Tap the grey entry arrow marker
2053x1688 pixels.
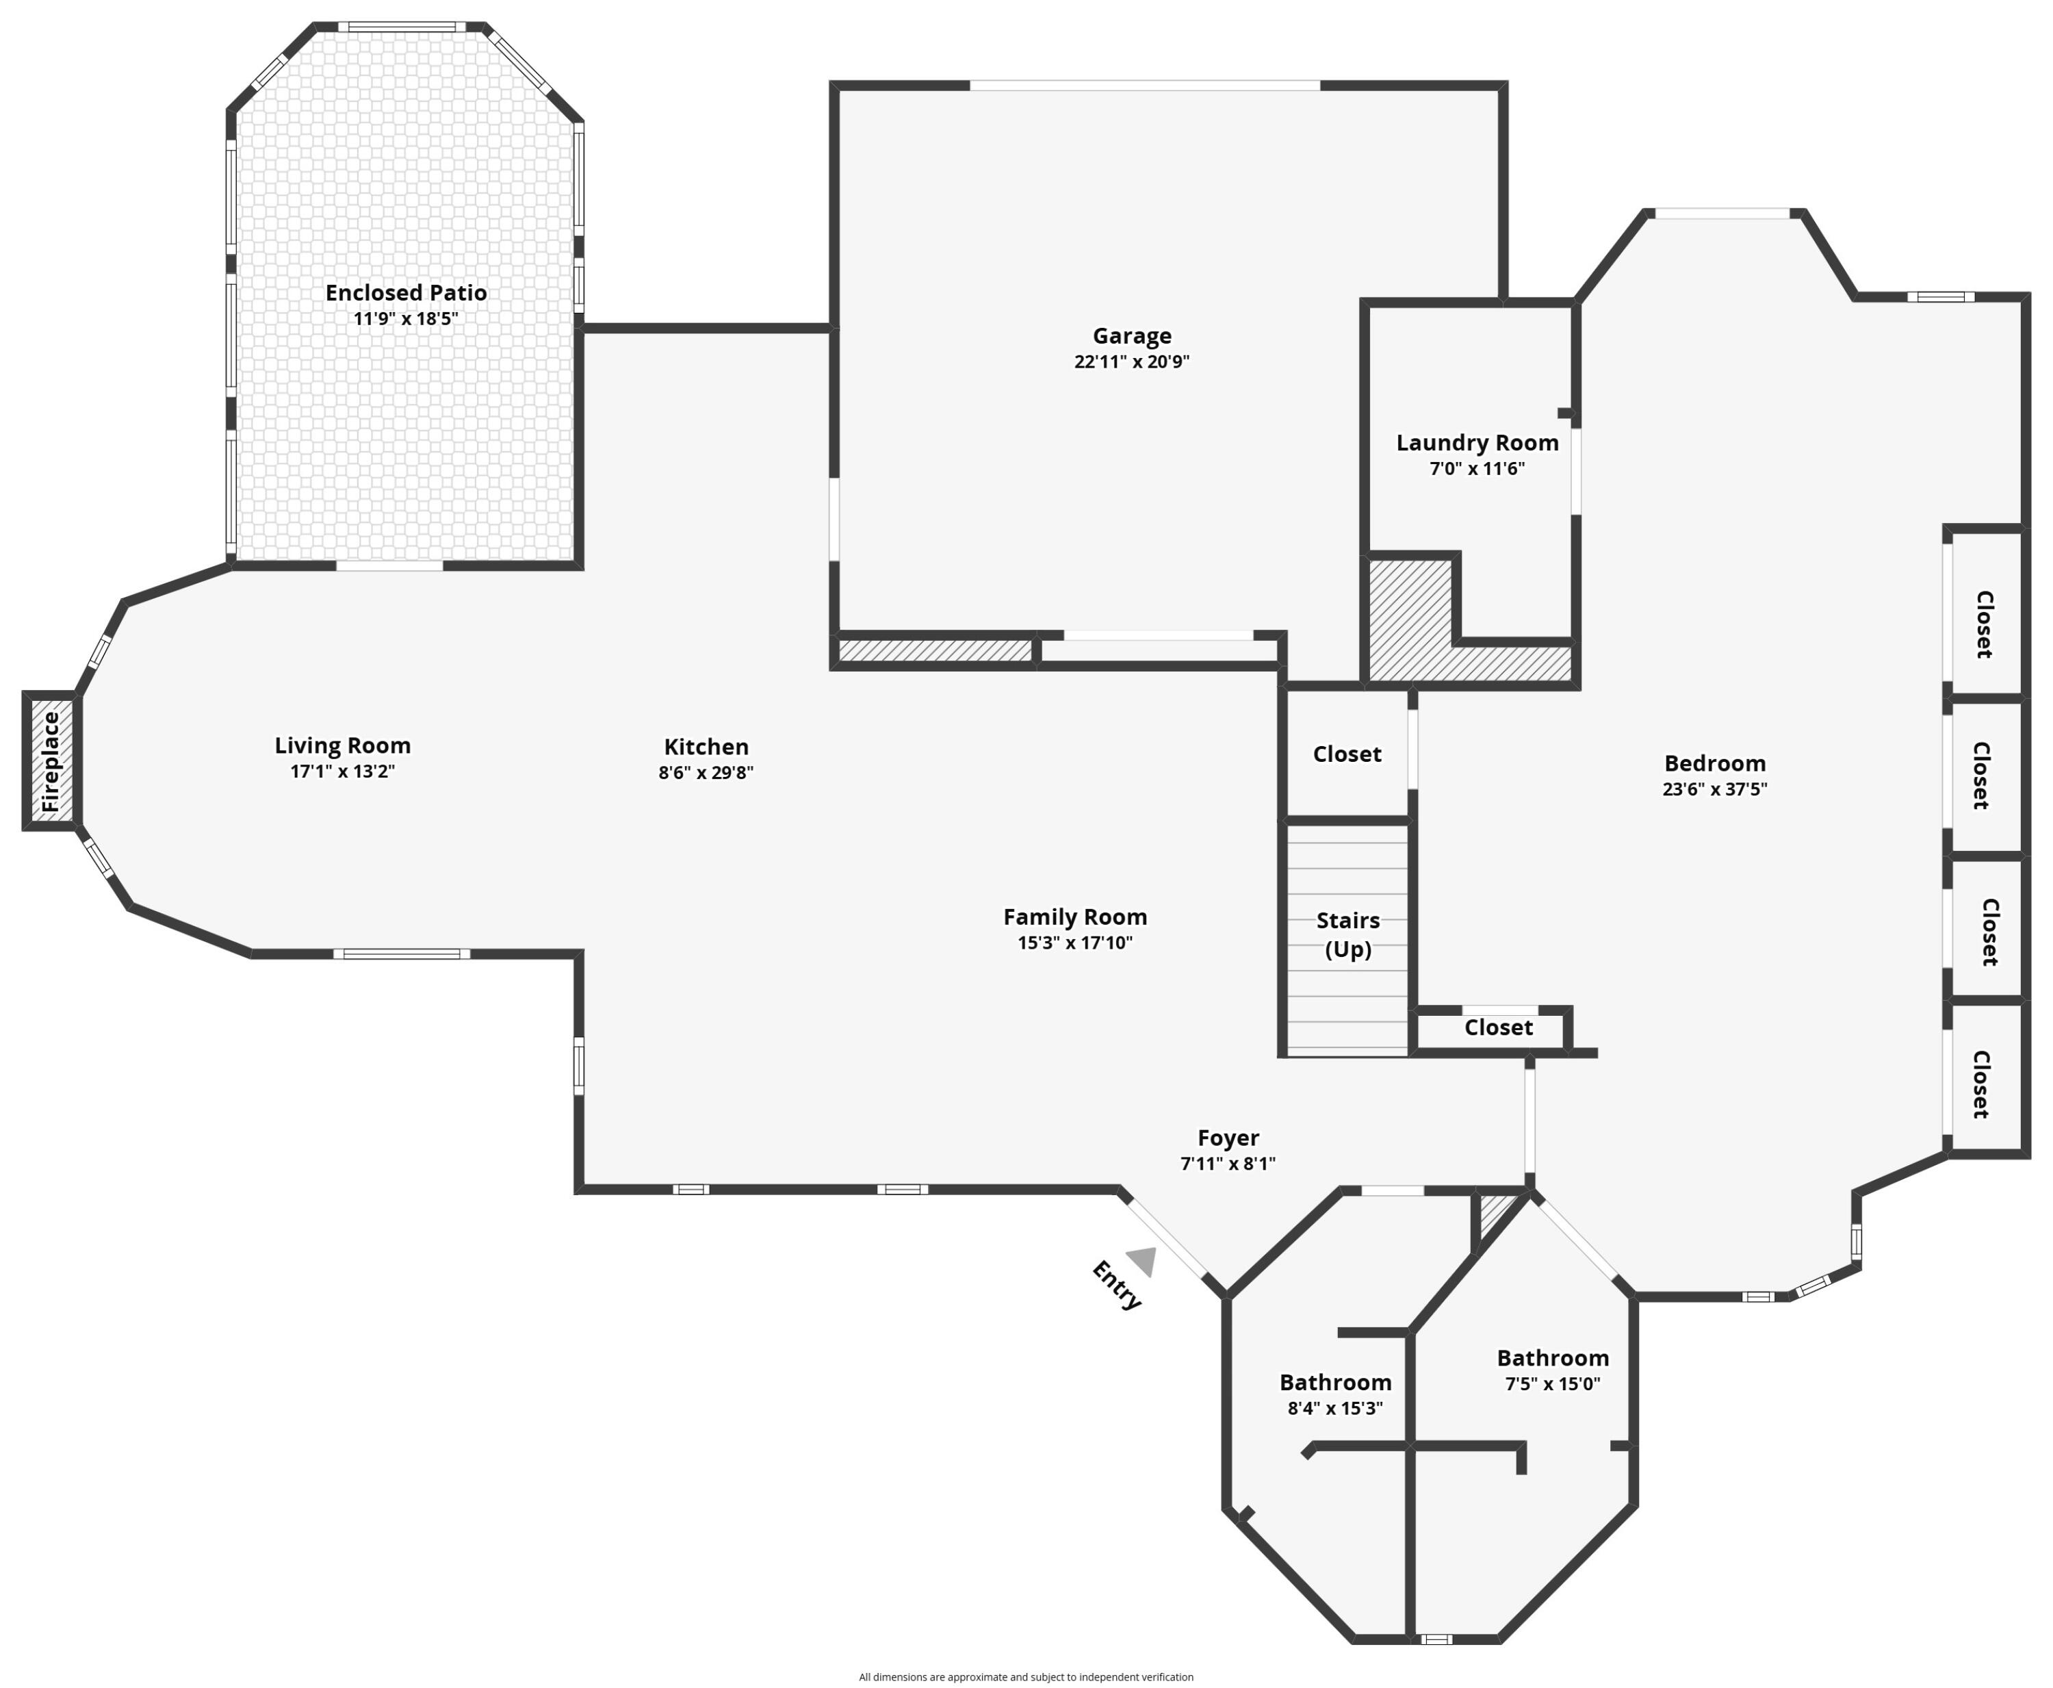point(1143,1260)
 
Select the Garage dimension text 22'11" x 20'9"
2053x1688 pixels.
point(1131,361)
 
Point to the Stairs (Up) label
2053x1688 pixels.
point(1347,934)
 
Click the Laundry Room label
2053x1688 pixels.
point(1477,444)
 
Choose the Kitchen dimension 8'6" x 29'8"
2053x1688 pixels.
point(706,773)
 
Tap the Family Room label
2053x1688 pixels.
point(1075,917)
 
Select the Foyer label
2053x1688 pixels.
point(1228,1138)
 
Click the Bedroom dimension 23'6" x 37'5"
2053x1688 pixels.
point(1715,789)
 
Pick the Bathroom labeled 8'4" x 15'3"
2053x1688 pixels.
point(1334,1383)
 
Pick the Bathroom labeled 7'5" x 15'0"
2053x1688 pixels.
point(1552,1358)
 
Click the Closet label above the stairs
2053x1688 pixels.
point(1346,754)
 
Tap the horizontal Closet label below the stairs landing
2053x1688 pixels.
point(1498,1027)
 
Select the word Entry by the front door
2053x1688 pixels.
point(1116,1286)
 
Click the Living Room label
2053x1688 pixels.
point(342,746)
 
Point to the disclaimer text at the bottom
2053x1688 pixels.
point(1026,1676)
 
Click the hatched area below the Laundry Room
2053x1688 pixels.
point(1410,622)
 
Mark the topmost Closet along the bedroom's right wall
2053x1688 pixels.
point(1984,624)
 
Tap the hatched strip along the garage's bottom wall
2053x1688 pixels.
point(934,650)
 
